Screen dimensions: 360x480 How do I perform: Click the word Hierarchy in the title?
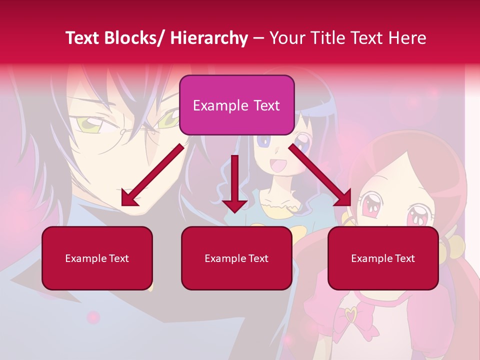coord(209,38)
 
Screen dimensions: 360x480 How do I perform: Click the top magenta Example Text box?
coord(236,105)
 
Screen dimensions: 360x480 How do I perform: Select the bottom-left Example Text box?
coord(97,258)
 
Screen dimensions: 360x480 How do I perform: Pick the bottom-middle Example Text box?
coord(236,258)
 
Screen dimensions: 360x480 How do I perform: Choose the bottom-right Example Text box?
coord(383,258)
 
